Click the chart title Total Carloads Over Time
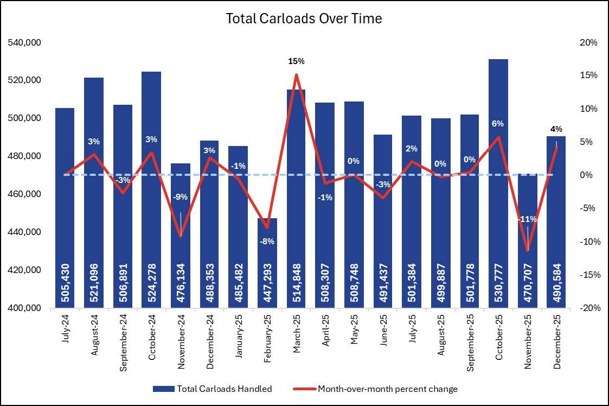coord(304,18)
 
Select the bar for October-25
coord(498,163)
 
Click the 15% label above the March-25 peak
coord(296,61)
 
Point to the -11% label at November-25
coord(527,219)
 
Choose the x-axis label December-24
coord(210,337)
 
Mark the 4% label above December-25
coord(555,129)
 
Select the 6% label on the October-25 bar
coord(498,124)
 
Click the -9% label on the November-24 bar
coord(181,198)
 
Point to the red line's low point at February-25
coord(267,227)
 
